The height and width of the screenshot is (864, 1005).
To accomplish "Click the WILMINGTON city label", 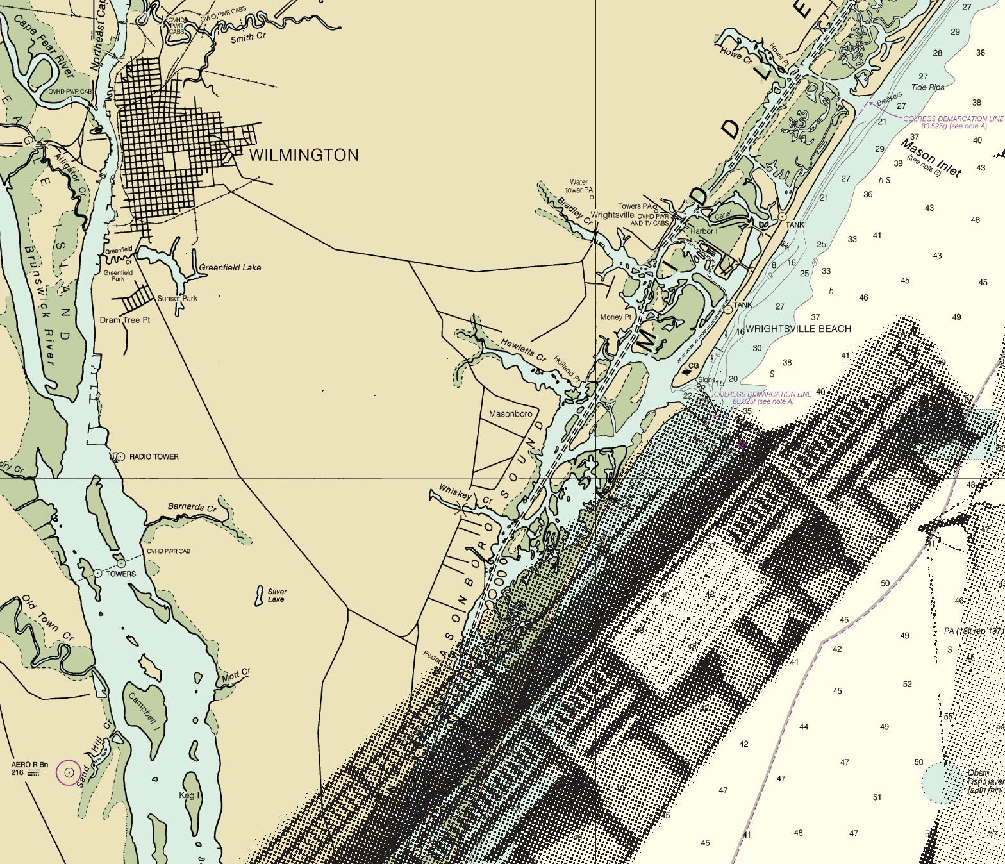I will click(x=303, y=155).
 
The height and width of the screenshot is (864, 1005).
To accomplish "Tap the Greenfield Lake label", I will click(x=230, y=267).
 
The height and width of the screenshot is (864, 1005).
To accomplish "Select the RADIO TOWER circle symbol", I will click(x=120, y=456).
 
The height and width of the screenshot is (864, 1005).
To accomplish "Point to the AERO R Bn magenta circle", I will click(x=69, y=772).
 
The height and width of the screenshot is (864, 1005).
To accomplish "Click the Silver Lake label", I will click(x=277, y=595).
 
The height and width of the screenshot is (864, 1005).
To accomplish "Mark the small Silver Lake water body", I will click(x=259, y=595).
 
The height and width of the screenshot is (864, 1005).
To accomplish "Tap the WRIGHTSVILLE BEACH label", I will click(x=798, y=329).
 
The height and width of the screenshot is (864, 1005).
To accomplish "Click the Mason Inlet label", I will click(x=931, y=157).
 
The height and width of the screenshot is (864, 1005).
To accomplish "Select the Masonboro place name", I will click(x=510, y=414).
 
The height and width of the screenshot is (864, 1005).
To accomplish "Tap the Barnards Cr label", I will click(x=192, y=508).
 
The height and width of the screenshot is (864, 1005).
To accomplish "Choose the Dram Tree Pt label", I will click(x=124, y=320).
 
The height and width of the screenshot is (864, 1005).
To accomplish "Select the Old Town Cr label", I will click(x=48, y=619).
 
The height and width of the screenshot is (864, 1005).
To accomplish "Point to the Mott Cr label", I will click(x=236, y=675).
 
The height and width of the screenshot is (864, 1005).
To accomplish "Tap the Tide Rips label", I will click(x=927, y=87).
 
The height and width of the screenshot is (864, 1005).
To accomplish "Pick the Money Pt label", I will click(x=615, y=317).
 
